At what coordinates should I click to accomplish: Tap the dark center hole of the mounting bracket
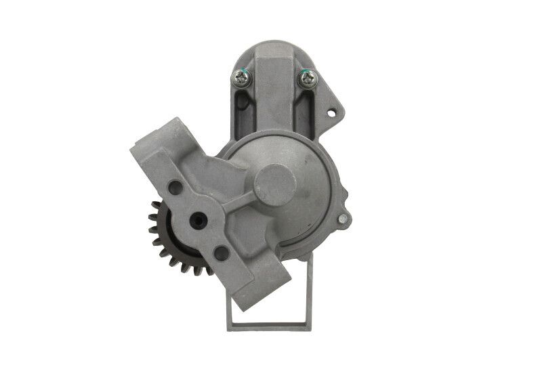click(199, 219)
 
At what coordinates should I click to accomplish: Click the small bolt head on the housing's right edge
click(343, 218)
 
